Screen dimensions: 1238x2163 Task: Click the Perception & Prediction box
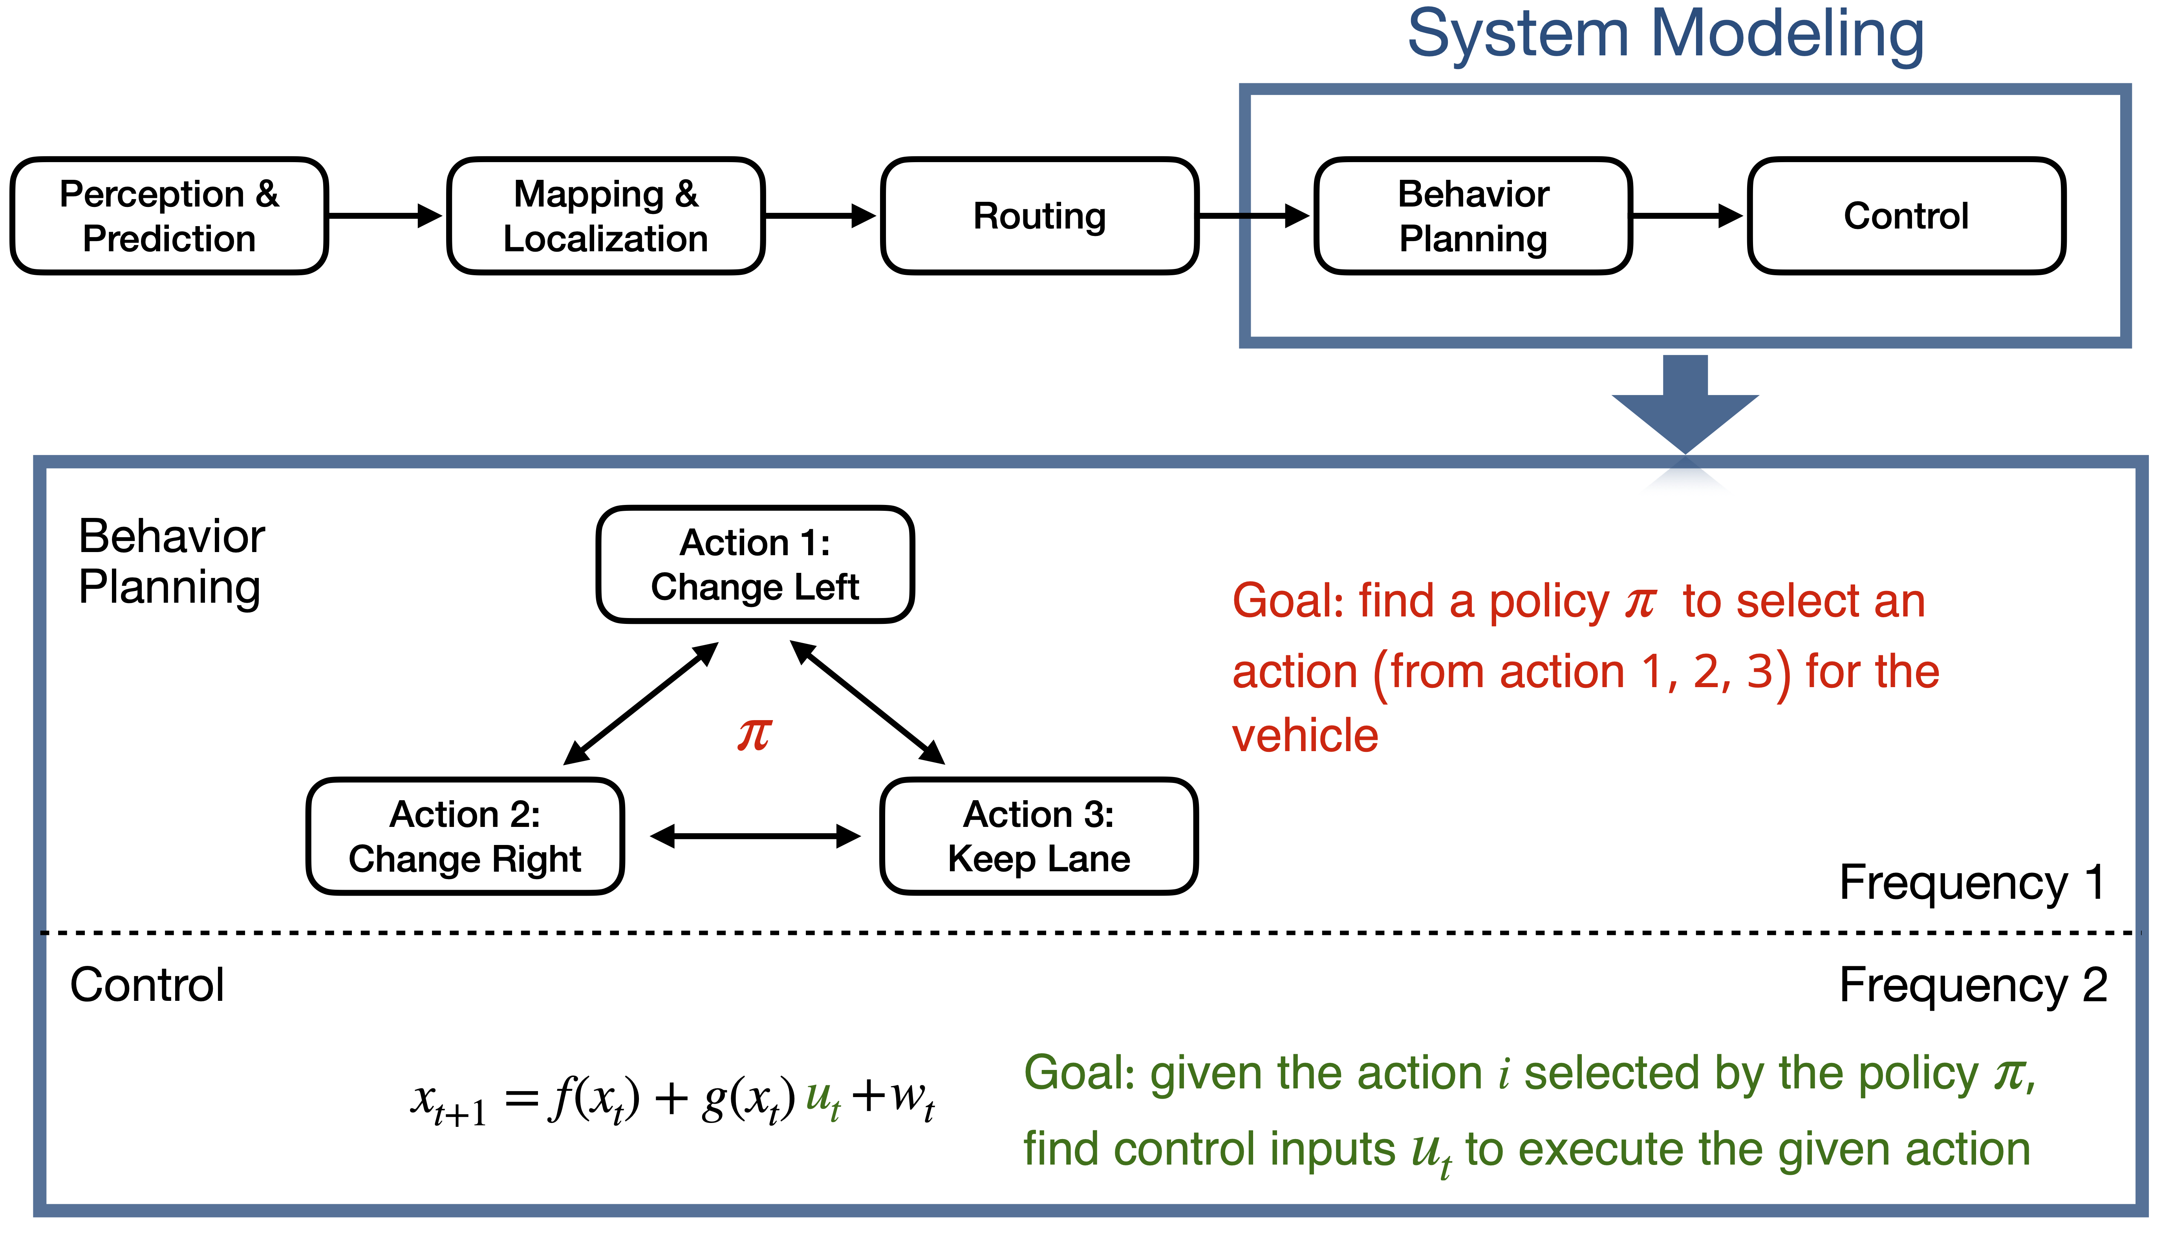[x=169, y=216]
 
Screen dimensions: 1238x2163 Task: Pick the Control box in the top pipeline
[x=1906, y=216]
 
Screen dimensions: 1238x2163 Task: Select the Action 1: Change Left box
[x=755, y=565]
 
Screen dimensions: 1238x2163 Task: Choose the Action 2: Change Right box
[x=465, y=837]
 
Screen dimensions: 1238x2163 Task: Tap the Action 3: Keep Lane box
[x=1039, y=837]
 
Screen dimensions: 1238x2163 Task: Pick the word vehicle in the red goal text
[x=1305, y=735]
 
